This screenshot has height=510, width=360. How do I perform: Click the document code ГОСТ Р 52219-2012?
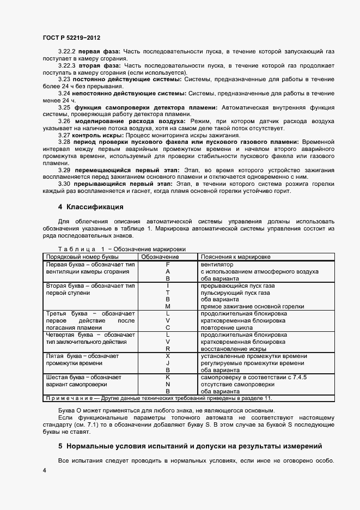[x=71, y=38]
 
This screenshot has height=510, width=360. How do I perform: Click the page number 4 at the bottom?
[x=44, y=470]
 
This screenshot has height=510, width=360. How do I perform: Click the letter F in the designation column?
[x=168, y=264]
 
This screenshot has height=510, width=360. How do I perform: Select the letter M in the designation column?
[x=168, y=306]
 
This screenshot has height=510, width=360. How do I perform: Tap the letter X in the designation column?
[x=168, y=356]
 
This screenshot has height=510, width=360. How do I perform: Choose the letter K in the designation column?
[x=168, y=377]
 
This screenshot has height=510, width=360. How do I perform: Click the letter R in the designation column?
[x=168, y=349]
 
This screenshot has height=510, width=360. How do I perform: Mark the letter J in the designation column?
[x=168, y=363]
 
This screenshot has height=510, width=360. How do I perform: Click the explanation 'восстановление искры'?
[x=235, y=349]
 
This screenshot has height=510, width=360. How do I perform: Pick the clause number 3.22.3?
[x=67, y=66]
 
